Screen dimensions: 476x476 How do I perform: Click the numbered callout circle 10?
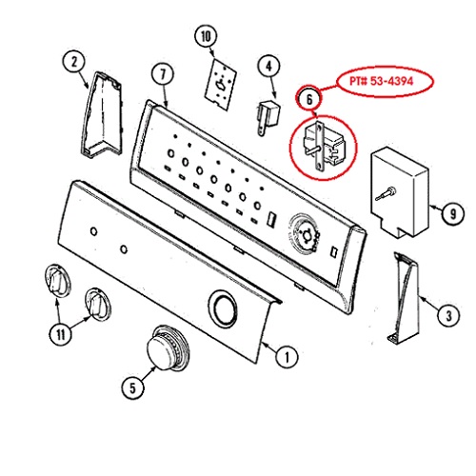[206, 36]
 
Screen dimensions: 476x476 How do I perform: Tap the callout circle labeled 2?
[74, 62]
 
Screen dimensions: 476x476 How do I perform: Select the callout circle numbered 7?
[163, 74]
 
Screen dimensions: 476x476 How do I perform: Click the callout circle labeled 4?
[268, 67]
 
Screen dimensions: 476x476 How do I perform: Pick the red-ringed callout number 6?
[309, 99]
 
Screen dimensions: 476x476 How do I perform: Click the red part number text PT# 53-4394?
[381, 81]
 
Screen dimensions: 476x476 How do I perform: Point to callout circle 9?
[453, 213]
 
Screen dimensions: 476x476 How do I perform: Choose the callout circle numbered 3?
[448, 315]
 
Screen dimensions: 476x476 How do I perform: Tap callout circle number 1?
[287, 357]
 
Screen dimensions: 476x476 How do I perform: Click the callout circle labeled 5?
[132, 387]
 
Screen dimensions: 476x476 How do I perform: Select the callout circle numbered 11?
[61, 333]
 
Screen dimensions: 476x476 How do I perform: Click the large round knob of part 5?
[169, 348]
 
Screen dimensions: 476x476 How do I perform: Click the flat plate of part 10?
[221, 84]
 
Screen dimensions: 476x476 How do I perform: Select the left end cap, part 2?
[102, 115]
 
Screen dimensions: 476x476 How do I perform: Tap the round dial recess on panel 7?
[305, 234]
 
